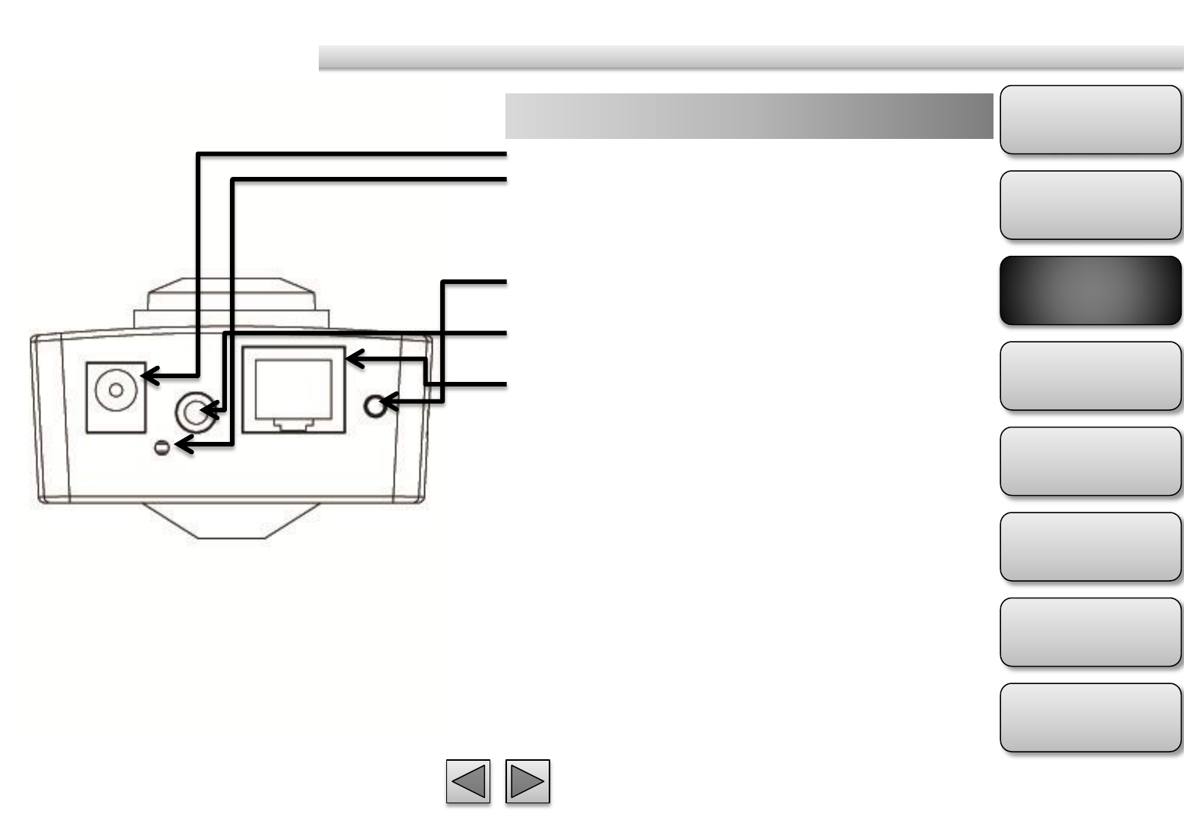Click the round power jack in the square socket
115,390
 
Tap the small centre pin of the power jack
115,390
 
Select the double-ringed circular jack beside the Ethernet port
194,412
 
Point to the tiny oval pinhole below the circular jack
161,448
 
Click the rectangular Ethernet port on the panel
293,389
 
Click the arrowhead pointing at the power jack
150,375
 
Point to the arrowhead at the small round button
387,402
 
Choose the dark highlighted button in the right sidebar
1090,291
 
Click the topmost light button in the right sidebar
1090,120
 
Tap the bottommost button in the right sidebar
1090,717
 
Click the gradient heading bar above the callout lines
748,116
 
